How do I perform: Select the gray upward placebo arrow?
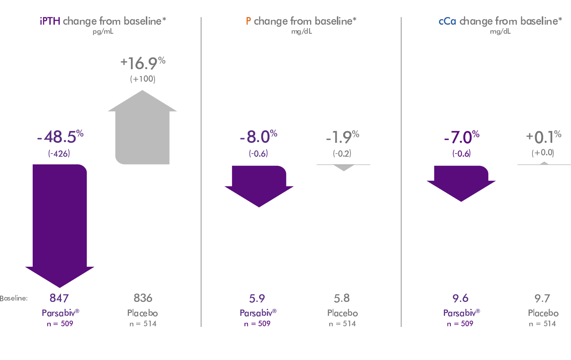pyautogui.click(x=142, y=131)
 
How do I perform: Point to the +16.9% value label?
pyautogui.click(x=143, y=63)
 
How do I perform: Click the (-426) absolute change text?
pyautogui.click(x=59, y=154)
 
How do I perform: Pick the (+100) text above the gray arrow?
pyautogui.click(x=143, y=79)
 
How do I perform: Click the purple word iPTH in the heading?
pyautogui.click(x=50, y=21)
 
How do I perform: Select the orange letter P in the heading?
pyautogui.click(x=248, y=21)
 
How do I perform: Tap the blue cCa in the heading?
pyautogui.click(x=447, y=21)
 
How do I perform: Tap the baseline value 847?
pyautogui.click(x=59, y=298)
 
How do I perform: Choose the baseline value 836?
pyautogui.click(x=143, y=298)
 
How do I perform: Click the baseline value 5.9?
pyautogui.click(x=257, y=298)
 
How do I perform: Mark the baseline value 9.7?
pyautogui.click(x=542, y=298)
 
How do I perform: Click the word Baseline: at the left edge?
pyautogui.click(x=14, y=299)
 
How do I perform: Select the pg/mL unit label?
pyautogui.click(x=103, y=32)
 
